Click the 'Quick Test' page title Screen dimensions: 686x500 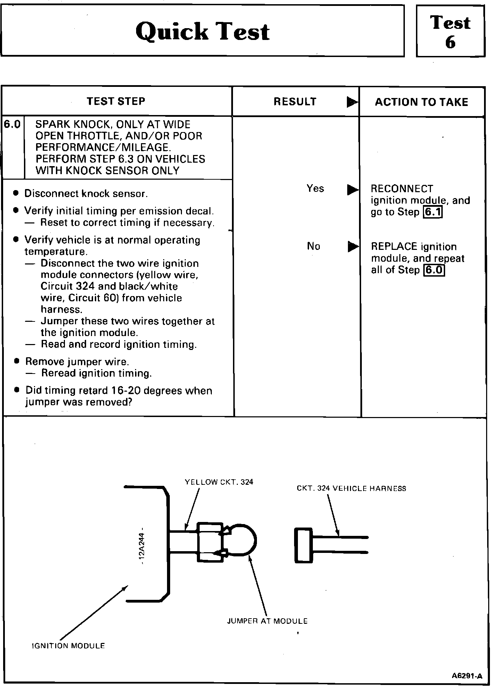tap(202, 32)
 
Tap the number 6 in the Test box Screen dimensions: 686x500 tap(450, 43)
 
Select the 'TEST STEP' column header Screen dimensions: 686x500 tap(116, 101)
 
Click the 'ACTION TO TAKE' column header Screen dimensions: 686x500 tap(422, 102)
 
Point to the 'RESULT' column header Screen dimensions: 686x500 tap(295, 101)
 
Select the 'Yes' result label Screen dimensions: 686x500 tap(315, 189)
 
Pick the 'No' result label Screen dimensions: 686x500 tap(313, 246)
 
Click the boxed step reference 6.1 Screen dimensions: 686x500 tap(433, 212)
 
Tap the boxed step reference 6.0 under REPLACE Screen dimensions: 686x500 tap(434, 270)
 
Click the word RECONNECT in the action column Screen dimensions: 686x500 tap(402, 189)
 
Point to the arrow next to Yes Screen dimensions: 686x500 tap(352, 190)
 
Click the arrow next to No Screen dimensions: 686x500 tap(353, 247)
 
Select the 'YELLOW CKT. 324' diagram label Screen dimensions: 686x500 tap(219, 482)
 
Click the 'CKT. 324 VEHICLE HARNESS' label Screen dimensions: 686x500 tap(351, 489)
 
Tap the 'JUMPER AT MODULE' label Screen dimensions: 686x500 tap(267, 621)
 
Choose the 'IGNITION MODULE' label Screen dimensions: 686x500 tap(68, 646)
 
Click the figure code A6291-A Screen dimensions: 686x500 tap(467, 676)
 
